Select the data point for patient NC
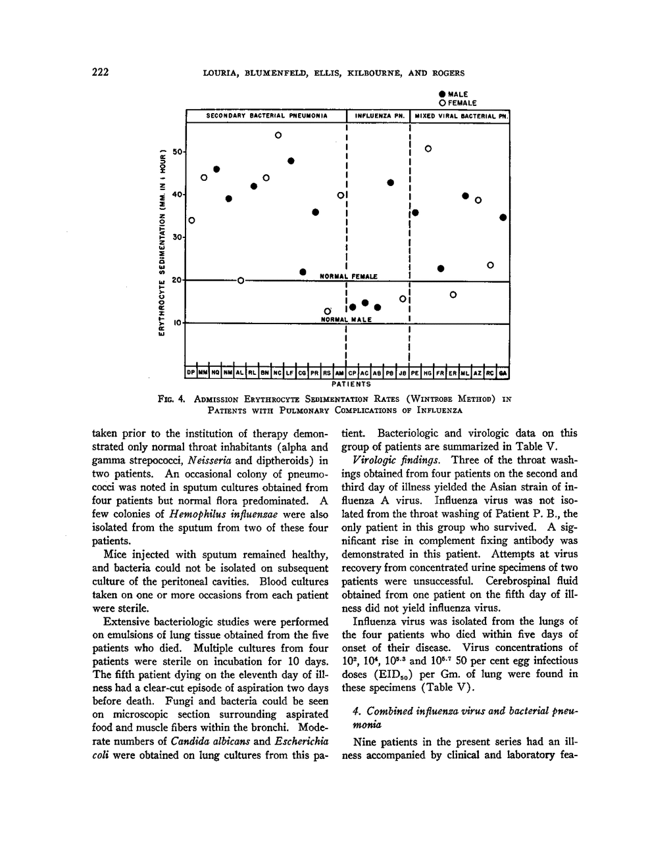[278, 135]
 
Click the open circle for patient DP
[191, 220]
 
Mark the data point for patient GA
[503, 217]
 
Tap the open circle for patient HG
[428, 149]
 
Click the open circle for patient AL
[241, 281]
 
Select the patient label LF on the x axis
[290, 373]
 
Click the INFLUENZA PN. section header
[378, 116]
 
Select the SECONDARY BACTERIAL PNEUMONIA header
[266, 116]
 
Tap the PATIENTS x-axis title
[350, 383]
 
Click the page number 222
[101, 72]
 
